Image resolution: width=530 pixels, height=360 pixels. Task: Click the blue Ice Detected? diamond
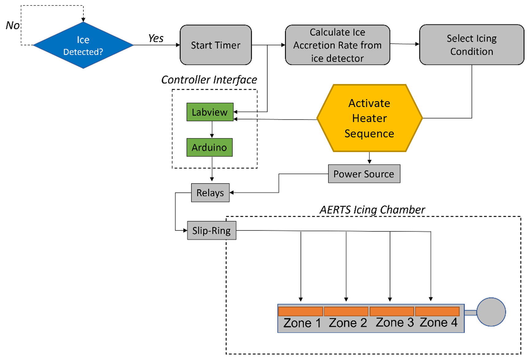83,45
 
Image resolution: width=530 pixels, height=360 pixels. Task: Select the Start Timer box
216,45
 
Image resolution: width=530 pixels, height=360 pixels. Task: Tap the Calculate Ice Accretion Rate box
337,45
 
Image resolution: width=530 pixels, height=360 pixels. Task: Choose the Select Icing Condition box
471,45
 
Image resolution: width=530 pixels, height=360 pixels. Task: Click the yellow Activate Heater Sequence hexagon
369,118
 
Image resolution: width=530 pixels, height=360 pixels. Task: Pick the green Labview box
210,112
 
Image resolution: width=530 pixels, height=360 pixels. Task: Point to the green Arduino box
209,147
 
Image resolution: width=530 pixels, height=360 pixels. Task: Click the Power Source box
364,174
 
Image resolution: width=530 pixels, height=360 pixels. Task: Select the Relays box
210,193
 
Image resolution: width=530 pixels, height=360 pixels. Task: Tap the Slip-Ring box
211,230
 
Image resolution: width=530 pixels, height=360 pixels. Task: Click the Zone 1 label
302,323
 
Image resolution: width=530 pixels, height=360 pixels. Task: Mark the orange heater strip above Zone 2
346,311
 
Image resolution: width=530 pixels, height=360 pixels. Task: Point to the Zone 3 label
394,323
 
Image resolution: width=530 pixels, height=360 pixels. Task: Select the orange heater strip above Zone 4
437,311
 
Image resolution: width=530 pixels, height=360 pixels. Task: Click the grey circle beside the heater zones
491,312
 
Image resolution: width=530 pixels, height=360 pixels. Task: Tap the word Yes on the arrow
156,38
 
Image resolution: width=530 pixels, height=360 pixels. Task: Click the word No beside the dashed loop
13,25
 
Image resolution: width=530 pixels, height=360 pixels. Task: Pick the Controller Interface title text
209,80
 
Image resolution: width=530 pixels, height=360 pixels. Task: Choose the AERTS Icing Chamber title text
372,210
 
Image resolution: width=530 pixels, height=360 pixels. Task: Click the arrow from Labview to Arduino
212,129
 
